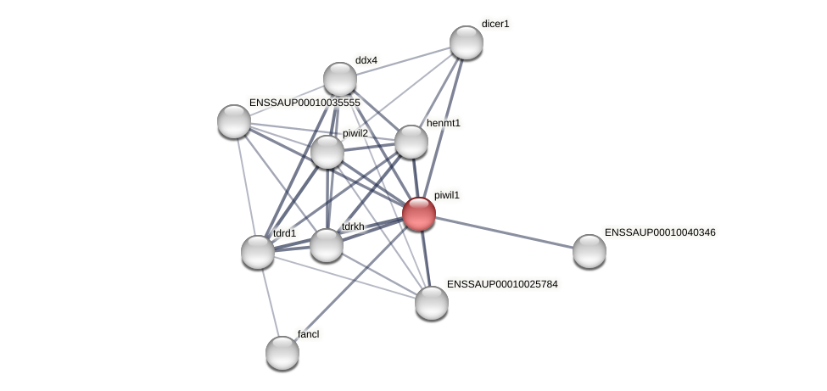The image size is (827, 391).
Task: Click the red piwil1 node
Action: tap(419, 214)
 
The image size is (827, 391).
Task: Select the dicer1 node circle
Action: tap(466, 42)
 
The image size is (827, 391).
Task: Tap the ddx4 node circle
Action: tap(340, 79)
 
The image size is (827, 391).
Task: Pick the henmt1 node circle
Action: tap(411, 142)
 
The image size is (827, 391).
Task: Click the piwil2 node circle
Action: tap(327, 152)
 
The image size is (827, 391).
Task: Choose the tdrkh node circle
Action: tap(327, 245)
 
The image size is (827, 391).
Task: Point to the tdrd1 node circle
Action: tap(258, 252)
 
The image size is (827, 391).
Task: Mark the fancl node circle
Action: tap(282, 353)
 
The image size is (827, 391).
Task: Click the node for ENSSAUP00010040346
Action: tap(590, 251)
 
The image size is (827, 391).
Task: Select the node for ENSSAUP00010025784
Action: tap(432, 303)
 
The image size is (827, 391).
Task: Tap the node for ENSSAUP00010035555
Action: tap(234, 121)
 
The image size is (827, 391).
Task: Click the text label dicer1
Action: tap(495, 24)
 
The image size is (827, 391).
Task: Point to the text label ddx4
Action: tap(366, 60)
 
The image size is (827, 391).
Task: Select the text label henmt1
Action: tap(443, 123)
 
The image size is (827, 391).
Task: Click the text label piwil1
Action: tap(446, 195)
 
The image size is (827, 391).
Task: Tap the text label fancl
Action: tap(308, 334)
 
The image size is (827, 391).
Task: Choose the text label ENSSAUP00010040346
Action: tap(660, 232)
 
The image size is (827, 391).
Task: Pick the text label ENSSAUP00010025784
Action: tap(502, 284)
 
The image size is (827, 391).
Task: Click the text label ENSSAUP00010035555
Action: tap(305, 103)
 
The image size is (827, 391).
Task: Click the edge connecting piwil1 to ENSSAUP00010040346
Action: tap(505, 232)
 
